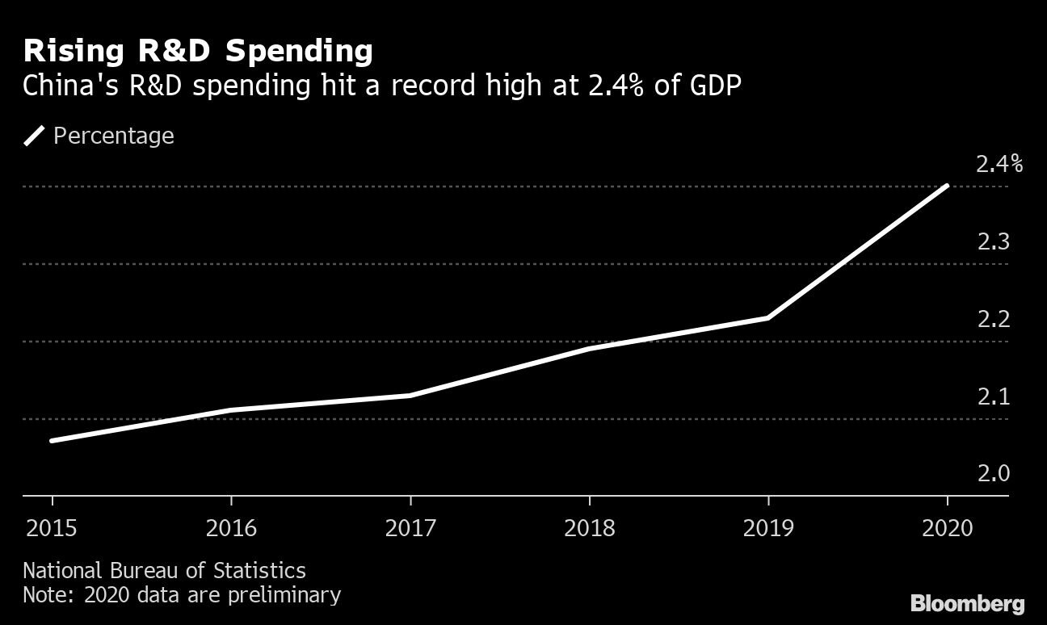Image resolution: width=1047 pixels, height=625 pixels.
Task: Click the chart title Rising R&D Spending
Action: click(198, 51)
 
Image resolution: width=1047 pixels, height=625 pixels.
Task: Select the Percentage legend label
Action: click(113, 136)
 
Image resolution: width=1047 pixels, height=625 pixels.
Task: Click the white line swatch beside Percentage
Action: click(35, 136)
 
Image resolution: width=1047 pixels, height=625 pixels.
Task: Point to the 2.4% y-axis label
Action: click(999, 165)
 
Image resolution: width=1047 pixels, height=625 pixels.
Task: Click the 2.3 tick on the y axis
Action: click(993, 241)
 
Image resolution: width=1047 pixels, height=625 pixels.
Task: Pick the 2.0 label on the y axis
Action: click(993, 473)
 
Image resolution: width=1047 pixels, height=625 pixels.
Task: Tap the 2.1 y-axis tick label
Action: click(993, 396)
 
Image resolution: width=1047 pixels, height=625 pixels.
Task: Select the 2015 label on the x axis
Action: click(53, 528)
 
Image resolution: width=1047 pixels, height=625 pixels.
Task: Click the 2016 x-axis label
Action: click(231, 528)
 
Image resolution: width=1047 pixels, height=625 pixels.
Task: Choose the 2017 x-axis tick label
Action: click(410, 528)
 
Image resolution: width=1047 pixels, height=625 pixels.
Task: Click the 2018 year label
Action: click(589, 528)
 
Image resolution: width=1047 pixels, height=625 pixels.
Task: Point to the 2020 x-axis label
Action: click(947, 528)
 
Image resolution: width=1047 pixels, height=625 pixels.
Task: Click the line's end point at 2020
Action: click(946, 187)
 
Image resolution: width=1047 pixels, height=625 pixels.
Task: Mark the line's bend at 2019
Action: click(767, 317)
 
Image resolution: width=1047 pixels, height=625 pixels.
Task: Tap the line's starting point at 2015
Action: click(53, 441)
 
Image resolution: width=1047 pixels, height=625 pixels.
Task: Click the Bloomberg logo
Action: click(967, 602)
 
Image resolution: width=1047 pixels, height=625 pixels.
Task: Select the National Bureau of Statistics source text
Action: click(164, 571)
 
